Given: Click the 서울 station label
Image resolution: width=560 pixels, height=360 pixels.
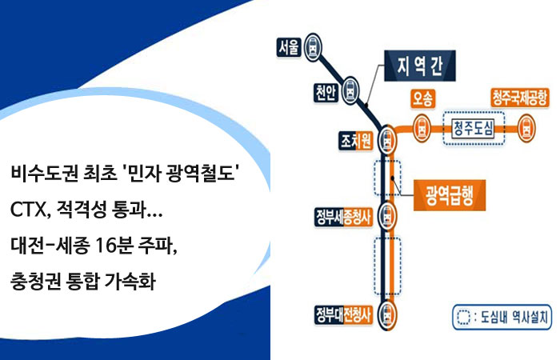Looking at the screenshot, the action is point(289,46).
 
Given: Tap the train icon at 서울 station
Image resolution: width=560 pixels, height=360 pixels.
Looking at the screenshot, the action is point(313,47).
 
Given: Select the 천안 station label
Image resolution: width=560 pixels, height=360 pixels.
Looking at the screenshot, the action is point(326,93).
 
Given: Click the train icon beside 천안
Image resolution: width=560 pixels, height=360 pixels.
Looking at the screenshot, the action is point(350,90).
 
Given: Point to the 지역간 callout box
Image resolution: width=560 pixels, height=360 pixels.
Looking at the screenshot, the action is point(420,66).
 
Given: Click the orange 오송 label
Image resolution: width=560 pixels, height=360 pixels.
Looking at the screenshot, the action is point(423,98).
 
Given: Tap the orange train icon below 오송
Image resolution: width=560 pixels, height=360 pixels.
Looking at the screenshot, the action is point(422,128).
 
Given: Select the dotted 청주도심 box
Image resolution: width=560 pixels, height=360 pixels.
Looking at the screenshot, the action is point(474,128).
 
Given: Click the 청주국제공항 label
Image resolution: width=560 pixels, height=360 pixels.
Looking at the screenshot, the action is point(519,98).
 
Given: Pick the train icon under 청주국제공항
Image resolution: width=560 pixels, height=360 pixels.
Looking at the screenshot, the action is point(526,128).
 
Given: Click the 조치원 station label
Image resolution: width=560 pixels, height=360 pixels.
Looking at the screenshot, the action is point(356,141).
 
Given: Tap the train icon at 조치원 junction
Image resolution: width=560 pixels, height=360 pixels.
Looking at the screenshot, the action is point(387,140).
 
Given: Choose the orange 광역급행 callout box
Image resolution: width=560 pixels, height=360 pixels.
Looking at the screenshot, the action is point(450,195).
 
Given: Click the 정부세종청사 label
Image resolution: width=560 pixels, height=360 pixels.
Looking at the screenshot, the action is point(343,217).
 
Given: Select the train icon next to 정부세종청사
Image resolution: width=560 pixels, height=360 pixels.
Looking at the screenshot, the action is point(387,216).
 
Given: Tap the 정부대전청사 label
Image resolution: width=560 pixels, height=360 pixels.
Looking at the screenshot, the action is point(343,314).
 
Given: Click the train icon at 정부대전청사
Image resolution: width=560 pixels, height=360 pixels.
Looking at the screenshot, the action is point(387,314).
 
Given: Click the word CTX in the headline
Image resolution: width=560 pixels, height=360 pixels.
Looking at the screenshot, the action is point(27,210).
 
